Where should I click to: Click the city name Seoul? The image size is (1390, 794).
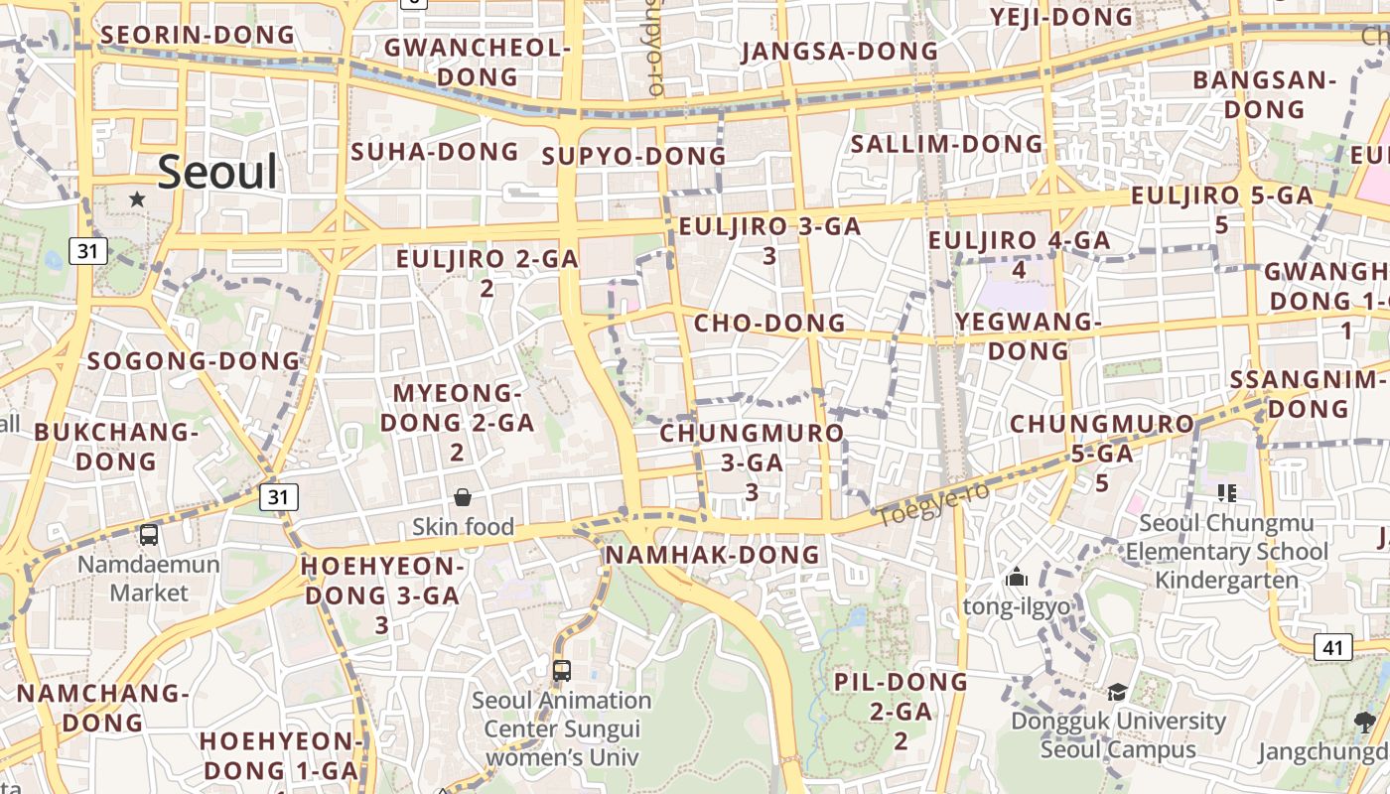tap(217, 172)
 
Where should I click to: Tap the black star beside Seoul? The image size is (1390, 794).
tap(137, 199)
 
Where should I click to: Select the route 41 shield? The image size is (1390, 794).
tap(1332, 648)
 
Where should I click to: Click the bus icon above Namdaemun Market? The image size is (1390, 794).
tap(149, 535)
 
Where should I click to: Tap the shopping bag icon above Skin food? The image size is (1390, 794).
tap(463, 497)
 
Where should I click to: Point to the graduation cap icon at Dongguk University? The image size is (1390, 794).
tap(1117, 692)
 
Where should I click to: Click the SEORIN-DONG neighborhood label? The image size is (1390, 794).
tap(199, 35)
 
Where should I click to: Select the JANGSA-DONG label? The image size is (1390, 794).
tap(839, 51)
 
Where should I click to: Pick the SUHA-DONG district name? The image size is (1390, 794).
tap(435, 152)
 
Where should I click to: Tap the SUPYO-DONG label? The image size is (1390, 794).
tap(634, 156)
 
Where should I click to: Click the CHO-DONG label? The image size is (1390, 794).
tap(769, 323)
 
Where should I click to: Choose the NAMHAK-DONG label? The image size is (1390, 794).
tap(713, 554)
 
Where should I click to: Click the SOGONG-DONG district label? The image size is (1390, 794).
tap(194, 360)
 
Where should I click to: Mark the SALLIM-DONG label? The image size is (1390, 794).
tap(947, 144)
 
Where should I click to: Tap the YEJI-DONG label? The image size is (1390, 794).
tap(1061, 17)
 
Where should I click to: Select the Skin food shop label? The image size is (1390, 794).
tap(464, 526)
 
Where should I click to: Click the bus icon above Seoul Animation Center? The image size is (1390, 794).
tap(562, 671)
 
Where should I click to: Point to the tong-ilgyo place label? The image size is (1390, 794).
tap(1017, 606)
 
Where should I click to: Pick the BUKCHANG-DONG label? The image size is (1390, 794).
tap(116, 447)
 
